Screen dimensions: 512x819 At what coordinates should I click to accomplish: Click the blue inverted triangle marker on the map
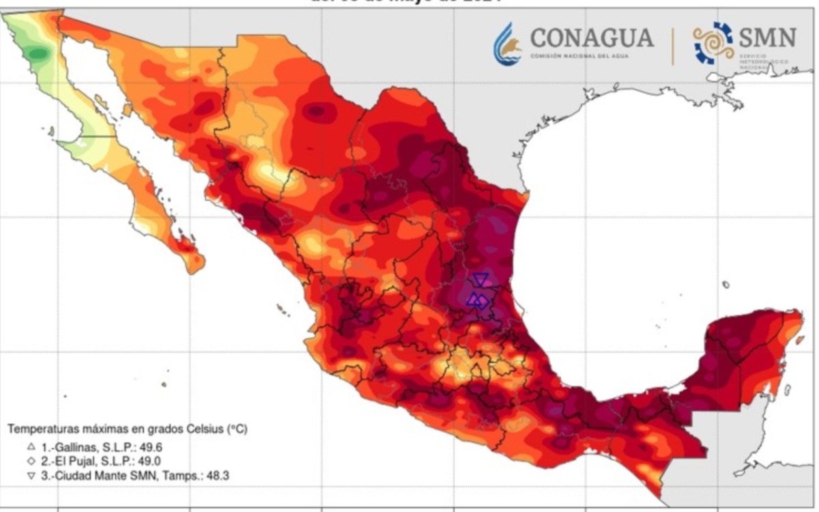point(480,279)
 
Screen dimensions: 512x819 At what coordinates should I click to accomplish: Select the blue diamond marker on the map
point(482,301)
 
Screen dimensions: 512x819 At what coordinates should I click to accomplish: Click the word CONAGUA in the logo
point(591,38)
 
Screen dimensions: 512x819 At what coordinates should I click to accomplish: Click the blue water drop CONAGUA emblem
point(506,44)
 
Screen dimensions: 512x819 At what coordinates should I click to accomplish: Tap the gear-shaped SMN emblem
point(714,43)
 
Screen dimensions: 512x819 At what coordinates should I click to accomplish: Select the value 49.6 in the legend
point(150,448)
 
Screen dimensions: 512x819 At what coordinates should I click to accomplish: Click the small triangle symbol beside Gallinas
point(31,447)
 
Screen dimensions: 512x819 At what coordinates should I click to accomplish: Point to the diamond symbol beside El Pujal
point(31,461)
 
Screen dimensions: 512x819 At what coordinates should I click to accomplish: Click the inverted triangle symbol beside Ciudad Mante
point(31,475)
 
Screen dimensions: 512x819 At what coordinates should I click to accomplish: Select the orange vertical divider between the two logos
point(673,46)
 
